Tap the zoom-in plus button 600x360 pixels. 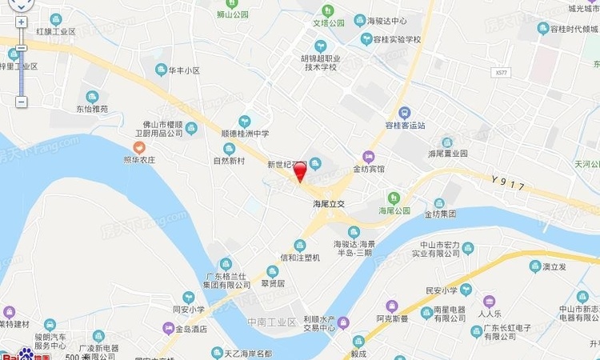22,22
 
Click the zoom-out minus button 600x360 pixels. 22,102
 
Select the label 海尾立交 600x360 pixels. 328,205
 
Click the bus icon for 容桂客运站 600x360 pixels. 405,113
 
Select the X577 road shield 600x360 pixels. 502,72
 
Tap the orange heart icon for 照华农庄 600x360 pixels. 139,147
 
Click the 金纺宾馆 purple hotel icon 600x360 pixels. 368,157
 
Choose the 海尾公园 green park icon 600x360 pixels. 393,198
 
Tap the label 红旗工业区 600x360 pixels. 55,31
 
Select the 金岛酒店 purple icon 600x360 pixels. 168,328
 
